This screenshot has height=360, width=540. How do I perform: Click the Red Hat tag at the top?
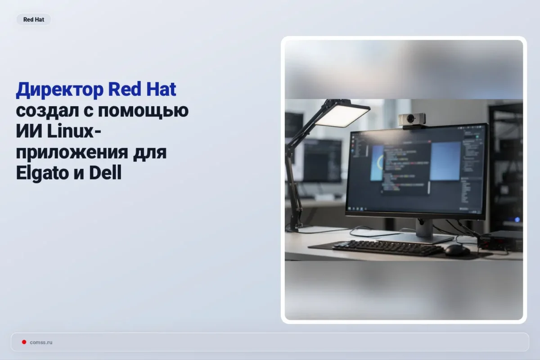click(33, 20)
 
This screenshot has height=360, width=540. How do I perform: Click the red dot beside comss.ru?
click(24, 342)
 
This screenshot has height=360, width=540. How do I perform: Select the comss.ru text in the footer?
click(41, 342)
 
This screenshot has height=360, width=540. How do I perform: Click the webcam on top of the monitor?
click(412, 120)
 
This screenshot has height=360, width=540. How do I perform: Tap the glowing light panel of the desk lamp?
click(342, 114)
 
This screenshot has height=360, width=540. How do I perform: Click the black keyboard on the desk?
click(387, 247)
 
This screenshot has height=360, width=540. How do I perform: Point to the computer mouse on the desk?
click(457, 251)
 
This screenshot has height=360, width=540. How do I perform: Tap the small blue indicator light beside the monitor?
click(517, 220)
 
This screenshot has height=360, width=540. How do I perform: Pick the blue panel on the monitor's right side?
click(445, 161)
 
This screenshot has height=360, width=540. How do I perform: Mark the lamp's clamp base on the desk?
click(293, 225)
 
